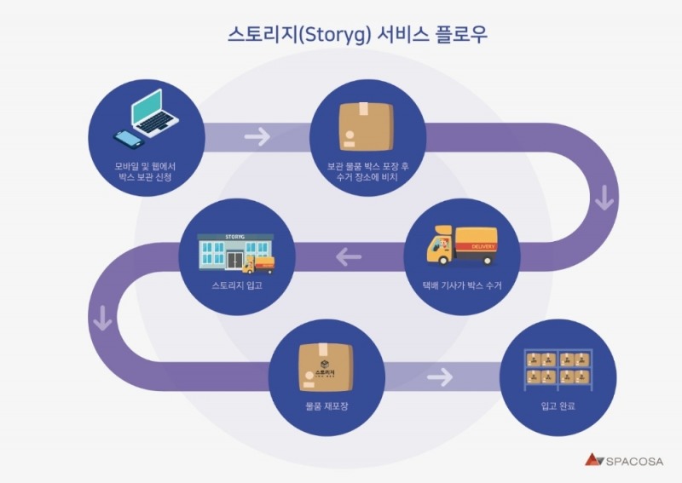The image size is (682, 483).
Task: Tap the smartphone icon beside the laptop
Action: coord(125,139)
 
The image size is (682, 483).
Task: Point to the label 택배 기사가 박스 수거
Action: coord(461,285)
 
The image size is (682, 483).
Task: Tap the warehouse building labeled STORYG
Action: coord(226,252)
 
